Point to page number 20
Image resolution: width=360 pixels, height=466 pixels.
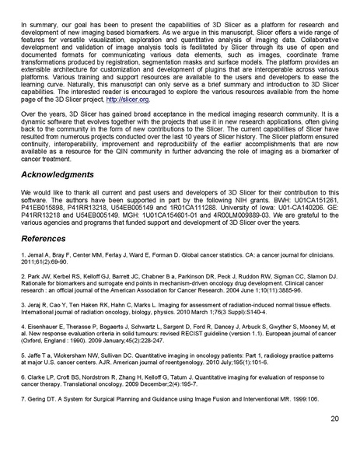click(334, 440)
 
